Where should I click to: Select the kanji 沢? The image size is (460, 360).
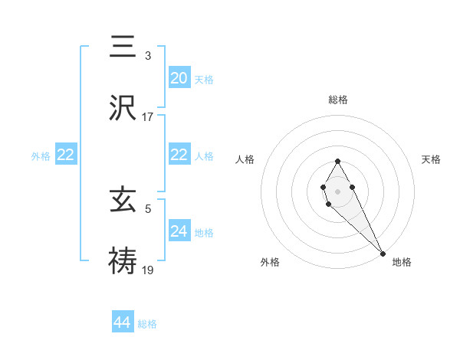pyautogui.click(x=123, y=108)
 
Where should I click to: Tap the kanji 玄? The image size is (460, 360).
pyautogui.click(x=123, y=201)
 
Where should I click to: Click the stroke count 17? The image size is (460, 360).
pyautogui.click(x=148, y=117)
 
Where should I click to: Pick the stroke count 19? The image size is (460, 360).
pyautogui.click(x=148, y=270)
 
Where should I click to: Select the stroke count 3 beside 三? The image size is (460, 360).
pyautogui.click(x=148, y=55)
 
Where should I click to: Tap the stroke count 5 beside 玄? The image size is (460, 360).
pyautogui.click(x=148, y=208)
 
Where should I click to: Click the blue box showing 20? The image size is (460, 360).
pyautogui.click(x=179, y=77)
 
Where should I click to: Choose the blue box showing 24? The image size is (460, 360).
pyautogui.click(x=179, y=231)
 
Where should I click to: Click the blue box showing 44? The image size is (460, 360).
pyautogui.click(x=123, y=322)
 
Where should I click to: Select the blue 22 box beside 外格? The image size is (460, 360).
pyautogui.click(x=66, y=155)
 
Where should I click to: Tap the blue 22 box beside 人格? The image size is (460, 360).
pyautogui.click(x=179, y=155)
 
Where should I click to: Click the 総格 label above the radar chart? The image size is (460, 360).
pyautogui.click(x=337, y=100)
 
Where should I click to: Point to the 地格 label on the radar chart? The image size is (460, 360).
pyautogui.click(x=402, y=262)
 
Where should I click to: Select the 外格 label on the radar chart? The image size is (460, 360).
pyautogui.click(x=270, y=262)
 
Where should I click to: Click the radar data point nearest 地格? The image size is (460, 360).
pyautogui.click(x=383, y=254)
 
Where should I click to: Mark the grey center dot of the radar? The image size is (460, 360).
pyautogui.click(x=337, y=190)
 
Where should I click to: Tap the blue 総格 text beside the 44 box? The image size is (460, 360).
pyautogui.click(x=147, y=324)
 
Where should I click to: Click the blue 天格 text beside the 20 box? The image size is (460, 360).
pyautogui.click(x=204, y=79)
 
